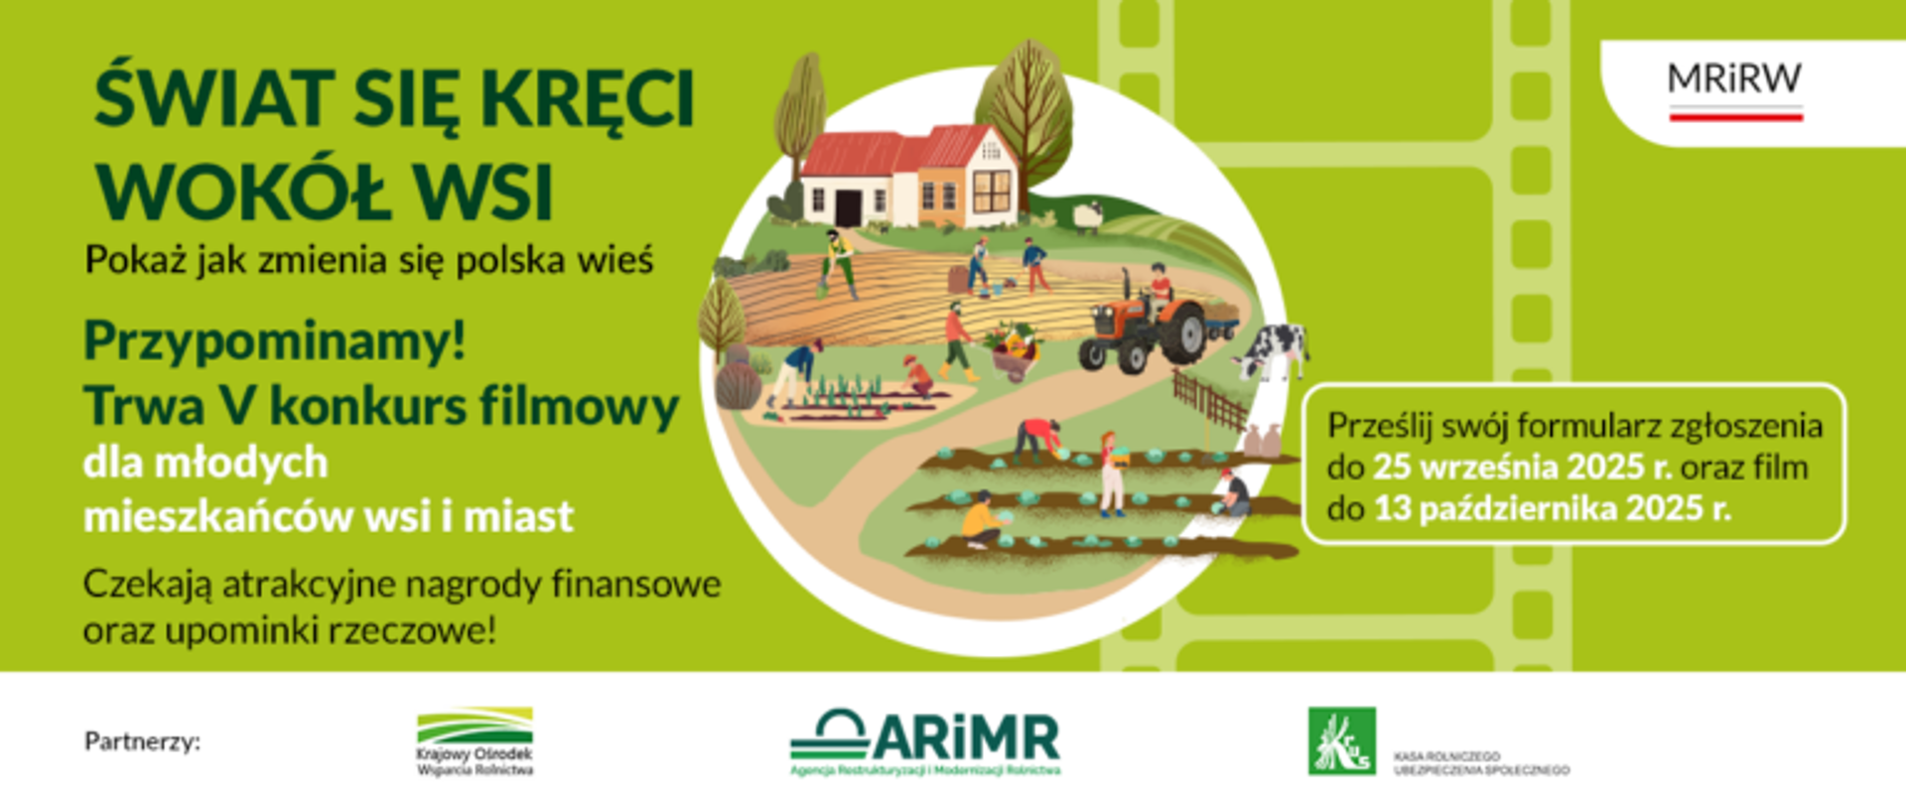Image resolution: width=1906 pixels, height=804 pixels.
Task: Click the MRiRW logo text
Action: coord(1734,78)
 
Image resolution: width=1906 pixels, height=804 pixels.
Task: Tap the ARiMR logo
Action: coord(925,739)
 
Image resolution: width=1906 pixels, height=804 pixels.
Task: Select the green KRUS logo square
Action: coord(1341,740)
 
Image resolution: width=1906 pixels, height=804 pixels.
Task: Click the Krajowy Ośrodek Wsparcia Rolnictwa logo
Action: coord(475,740)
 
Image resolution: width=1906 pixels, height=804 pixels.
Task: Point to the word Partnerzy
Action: coord(142,741)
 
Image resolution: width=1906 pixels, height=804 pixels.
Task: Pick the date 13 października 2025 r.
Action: coord(1552,509)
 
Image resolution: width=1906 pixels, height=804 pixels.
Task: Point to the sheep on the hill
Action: coord(1088,215)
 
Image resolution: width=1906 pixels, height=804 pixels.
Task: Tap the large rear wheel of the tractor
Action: coord(1180,333)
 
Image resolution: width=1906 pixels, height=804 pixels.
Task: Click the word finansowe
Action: coord(636,584)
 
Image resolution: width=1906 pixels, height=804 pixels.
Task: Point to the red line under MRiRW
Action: coord(1735,117)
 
